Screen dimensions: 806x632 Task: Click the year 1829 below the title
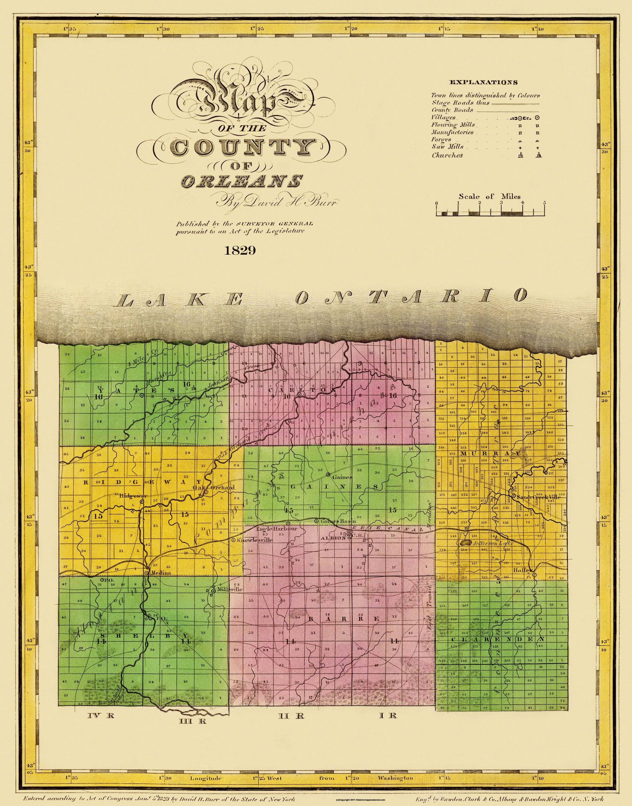pyautogui.click(x=240, y=251)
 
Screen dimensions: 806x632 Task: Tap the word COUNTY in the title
pyautogui.click(x=240, y=148)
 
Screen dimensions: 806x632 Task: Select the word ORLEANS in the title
pyautogui.click(x=241, y=181)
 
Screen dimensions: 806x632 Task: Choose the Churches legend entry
pyautogui.click(x=447, y=155)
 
